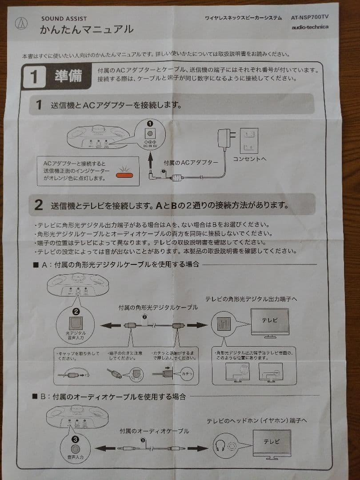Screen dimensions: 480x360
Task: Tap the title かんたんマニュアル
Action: pos(86,30)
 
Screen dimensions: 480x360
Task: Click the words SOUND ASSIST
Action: pos(64,19)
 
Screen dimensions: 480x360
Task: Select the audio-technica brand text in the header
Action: pos(310,27)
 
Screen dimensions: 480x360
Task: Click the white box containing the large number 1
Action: pos(34,77)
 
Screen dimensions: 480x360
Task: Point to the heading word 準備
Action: pos(68,76)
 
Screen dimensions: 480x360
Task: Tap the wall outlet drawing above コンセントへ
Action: pos(248,140)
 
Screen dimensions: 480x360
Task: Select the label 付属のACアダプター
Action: pos(191,162)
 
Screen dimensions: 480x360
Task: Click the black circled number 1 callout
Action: pos(150,123)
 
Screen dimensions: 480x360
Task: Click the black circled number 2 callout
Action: pos(76,312)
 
